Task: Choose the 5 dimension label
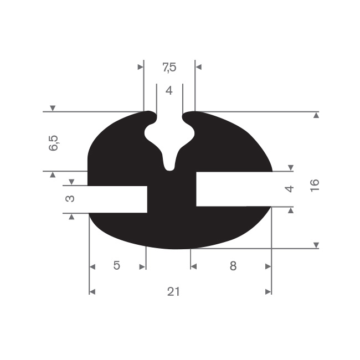coord(117,266)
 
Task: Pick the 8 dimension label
coord(233,266)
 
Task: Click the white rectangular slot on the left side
coord(117,199)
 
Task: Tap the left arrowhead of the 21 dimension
coord(92,292)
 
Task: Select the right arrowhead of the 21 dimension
coord(269,292)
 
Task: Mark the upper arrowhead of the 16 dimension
coord(316,115)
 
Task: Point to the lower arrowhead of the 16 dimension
coord(316,245)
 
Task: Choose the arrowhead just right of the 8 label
coord(269,266)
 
